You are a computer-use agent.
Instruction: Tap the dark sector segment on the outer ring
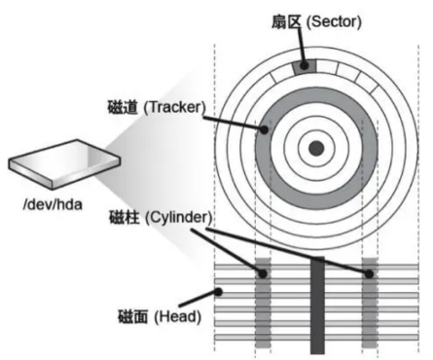[306, 66]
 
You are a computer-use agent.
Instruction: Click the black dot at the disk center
[315, 148]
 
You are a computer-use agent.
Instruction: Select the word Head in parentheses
[180, 314]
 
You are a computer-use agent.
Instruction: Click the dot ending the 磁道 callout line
[263, 126]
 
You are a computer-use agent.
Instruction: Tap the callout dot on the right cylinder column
[369, 275]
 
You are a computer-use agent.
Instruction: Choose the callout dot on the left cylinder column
[262, 275]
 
